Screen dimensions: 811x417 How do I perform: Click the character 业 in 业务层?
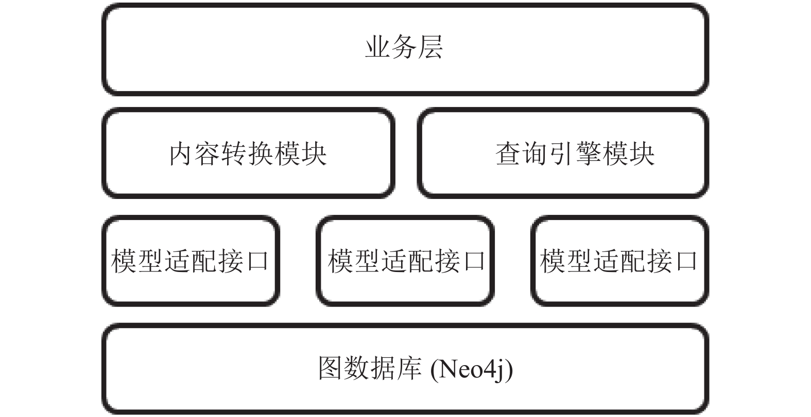click(377, 47)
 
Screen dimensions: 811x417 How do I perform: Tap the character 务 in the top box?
click(404, 47)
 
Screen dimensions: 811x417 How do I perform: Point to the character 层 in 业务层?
click(430, 47)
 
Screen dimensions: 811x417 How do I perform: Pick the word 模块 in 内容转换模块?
click(301, 154)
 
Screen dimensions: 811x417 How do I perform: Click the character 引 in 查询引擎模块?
click(562, 154)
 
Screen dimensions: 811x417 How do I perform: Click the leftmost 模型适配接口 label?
click(190, 261)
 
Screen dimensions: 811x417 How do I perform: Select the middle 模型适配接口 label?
click(406, 261)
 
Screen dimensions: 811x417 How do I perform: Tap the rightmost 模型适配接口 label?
click(618, 261)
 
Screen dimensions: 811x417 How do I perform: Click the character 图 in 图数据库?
click(331, 368)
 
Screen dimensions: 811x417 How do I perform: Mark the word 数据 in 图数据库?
click(370, 368)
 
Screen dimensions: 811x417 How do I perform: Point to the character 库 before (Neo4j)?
click(409, 368)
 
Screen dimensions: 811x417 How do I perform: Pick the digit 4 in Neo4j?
click(490, 369)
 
